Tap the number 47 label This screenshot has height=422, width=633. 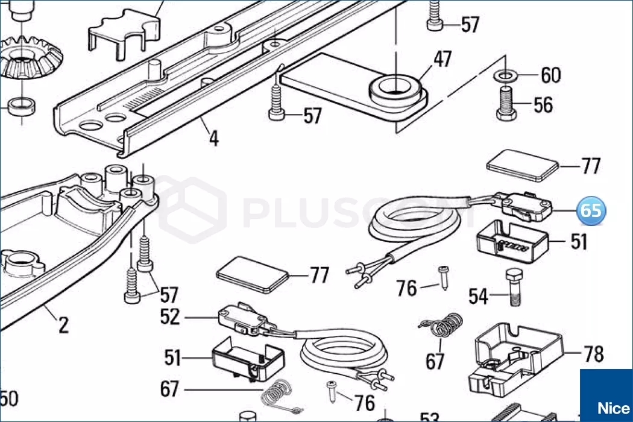(x=442, y=60)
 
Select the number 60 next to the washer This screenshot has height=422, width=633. (x=550, y=76)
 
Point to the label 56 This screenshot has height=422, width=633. (x=543, y=105)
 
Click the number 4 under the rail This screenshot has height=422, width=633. (x=213, y=138)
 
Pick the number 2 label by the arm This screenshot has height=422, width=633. (x=63, y=326)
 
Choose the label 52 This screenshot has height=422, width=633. (x=170, y=316)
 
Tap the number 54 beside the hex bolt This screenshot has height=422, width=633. (x=478, y=296)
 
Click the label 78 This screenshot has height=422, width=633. (x=594, y=354)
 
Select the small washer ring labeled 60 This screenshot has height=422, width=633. (x=504, y=75)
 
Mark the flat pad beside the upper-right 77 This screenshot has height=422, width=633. (x=523, y=165)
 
